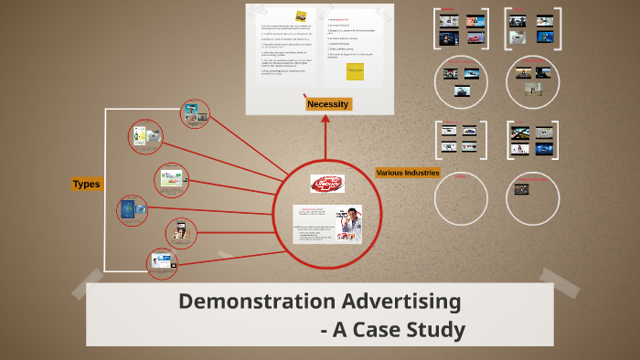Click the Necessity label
point(327,104)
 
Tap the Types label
point(86,185)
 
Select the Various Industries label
point(408,173)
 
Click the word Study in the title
point(434,329)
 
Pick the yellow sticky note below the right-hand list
point(354,72)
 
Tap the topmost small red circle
point(195,113)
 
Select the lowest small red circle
point(162,263)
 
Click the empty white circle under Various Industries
point(461,196)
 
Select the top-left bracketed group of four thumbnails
point(461,28)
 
